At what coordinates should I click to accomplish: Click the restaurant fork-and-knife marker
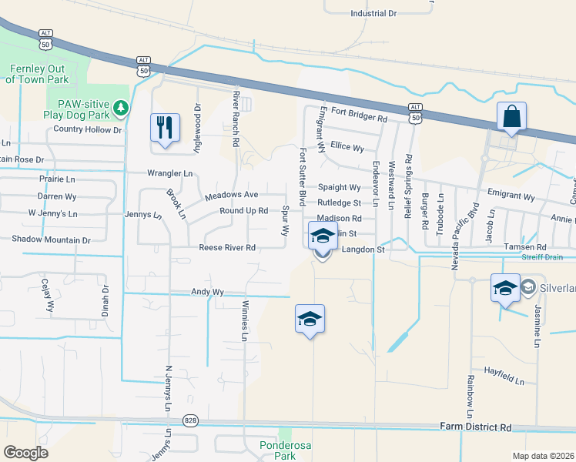pyautogui.click(x=165, y=128)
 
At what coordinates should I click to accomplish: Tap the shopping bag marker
pyautogui.click(x=511, y=117)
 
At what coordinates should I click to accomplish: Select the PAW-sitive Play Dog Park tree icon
pyautogui.click(x=121, y=109)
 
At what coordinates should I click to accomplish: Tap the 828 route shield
pyautogui.click(x=189, y=420)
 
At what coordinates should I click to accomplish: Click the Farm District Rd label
pyautogui.click(x=475, y=427)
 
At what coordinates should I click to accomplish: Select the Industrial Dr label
pyautogui.click(x=373, y=14)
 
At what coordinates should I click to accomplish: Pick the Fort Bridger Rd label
pyautogui.click(x=358, y=118)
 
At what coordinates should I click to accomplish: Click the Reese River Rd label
pyautogui.click(x=227, y=248)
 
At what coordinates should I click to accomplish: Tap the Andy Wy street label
pyautogui.click(x=207, y=293)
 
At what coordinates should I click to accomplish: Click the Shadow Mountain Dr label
pyautogui.click(x=51, y=240)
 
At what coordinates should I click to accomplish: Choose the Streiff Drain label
pyautogui.click(x=543, y=256)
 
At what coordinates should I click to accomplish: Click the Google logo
pyautogui.click(x=26, y=452)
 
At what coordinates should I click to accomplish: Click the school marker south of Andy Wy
pyautogui.click(x=310, y=320)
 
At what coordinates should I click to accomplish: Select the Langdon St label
pyautogui.click(x=363, y=249)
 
